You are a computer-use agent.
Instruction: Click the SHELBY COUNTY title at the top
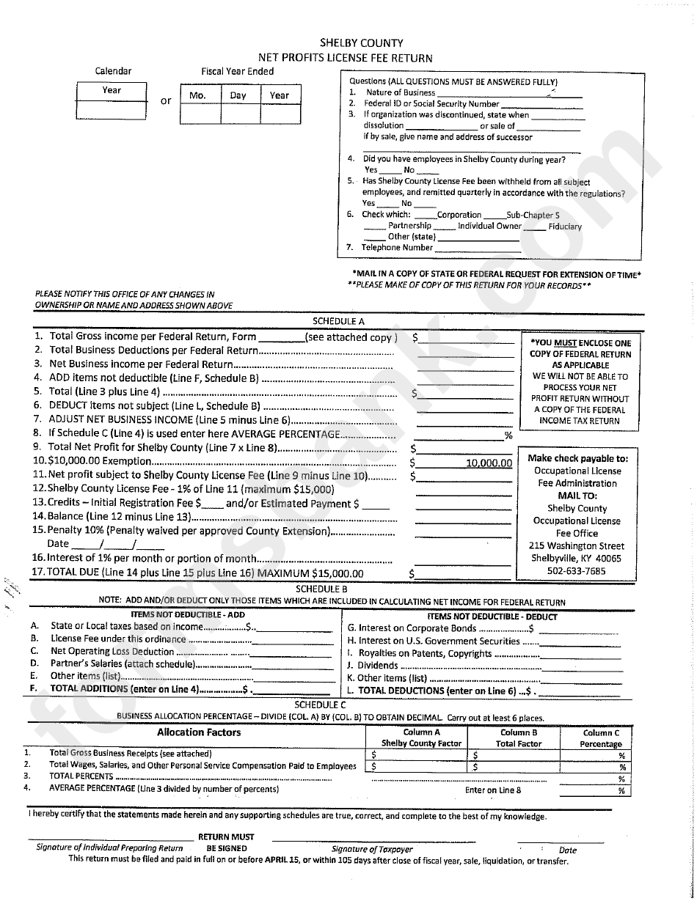(361, 43)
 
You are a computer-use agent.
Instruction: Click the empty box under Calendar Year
(111, 109)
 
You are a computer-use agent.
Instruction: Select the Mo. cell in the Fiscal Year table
(197, 95)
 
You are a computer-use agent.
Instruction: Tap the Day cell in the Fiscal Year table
(238, 95)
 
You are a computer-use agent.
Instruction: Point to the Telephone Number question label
(396, 248)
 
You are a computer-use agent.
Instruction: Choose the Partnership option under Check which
(409, 226)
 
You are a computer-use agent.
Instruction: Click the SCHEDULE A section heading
(338, 321)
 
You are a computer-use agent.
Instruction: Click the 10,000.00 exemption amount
(489, 463)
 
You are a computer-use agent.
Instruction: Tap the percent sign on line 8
(508, 435)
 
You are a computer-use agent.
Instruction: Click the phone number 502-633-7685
(576, 570)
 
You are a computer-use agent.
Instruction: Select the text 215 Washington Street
(576, 545)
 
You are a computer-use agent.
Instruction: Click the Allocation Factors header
(198, 732)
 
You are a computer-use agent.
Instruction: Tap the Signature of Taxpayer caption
(372, 849)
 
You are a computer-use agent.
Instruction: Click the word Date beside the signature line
(567, 850)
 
